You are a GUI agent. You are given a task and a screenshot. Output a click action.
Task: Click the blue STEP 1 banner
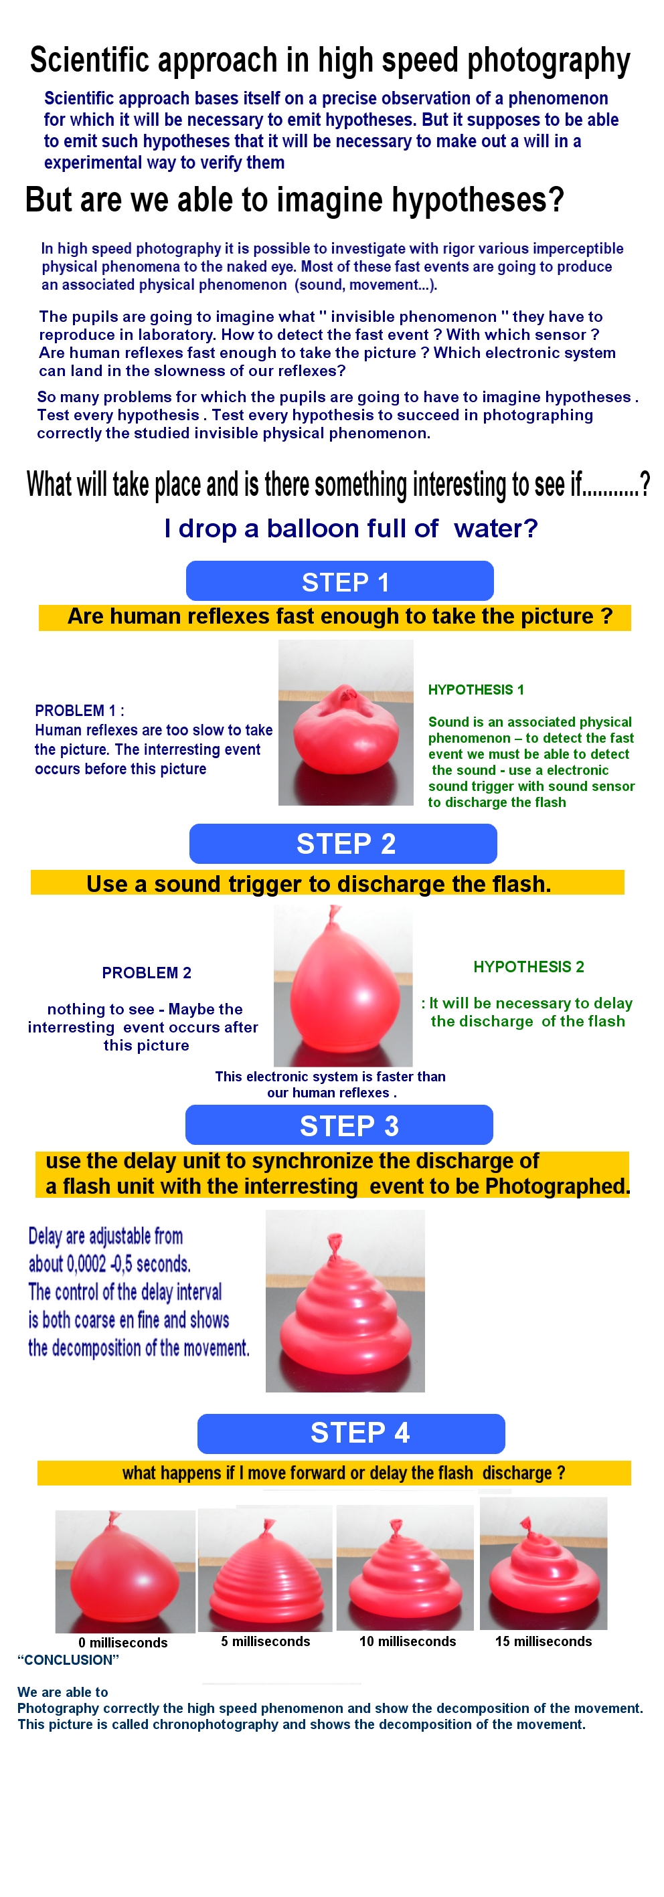pyautogui.click(x=340, y=580)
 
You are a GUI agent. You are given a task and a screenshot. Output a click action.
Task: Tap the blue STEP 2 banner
pyautogui.click(x=343, y=843)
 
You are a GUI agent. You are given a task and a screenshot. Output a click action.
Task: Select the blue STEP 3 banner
pyautogui.click(x=339, y=1125)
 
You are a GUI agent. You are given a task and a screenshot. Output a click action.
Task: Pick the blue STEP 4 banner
pyautogui.click(x=351, y=1434)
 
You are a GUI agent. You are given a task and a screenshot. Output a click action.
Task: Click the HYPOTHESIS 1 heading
pyautogui.click(x=476, y=689)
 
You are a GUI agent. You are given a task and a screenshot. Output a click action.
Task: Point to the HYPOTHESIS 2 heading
pyautogui.click(x=528, y=966)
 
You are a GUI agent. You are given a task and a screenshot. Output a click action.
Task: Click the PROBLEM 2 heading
pyautogui.click(x=147, y=973)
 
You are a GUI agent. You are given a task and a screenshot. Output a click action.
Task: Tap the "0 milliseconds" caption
pyautogui.click(x=123, y=1642)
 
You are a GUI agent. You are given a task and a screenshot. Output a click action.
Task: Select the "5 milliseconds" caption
pyautogui.click(x=265, y=1641)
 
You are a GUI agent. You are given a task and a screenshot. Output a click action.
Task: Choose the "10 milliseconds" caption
pyautogui.click(x=408, y=1641)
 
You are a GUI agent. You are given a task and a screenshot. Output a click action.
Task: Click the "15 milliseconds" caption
pyautogui.click(x=543, y=1641)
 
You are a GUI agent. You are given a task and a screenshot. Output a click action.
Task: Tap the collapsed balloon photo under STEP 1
pyautogui.click(x=345, y=723)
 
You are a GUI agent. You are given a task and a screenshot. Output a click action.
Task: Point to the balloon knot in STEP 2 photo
pyautogui.click(x=335, y=915)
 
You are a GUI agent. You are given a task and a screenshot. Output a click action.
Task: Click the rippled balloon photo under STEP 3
pyautogui.click(x=345, y=1301)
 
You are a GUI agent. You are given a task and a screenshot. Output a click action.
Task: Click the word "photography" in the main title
pyautogui.click(x=549, y=61)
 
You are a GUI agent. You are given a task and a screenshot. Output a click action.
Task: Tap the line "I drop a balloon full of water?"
pyautogui.click(x=351, y=528)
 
